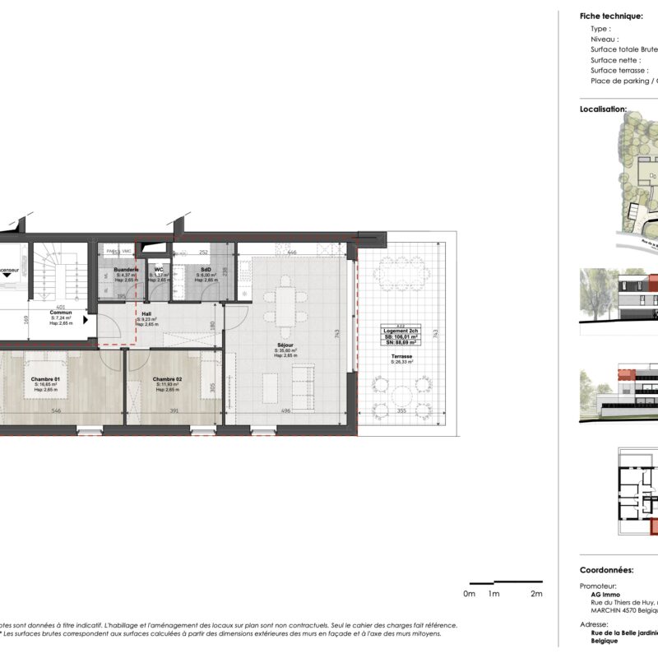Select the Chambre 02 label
coord(167,379)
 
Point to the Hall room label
coord(145,314)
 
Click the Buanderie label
coord(125,270)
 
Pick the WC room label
coord(159,270)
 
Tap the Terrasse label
coord(402,355)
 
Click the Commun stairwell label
coord(60,313)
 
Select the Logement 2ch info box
coord(401,336)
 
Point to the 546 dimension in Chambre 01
coord(56,410)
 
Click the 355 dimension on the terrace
coord(401,410)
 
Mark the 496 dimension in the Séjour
coord(285,410)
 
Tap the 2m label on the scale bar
coord(536,593)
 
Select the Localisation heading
coord(603,109)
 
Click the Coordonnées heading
coord(606,569)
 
